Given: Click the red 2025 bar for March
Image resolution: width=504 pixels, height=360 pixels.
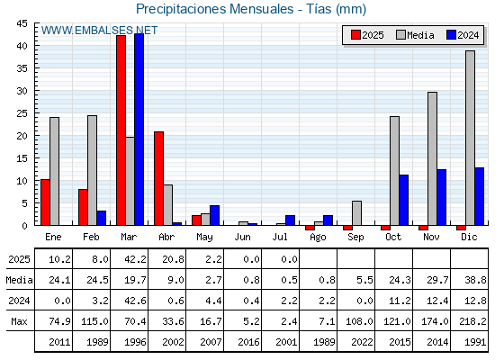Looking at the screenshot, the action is (x=121, y=130).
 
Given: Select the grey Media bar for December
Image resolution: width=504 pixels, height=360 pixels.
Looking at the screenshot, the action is (x=470, y=138).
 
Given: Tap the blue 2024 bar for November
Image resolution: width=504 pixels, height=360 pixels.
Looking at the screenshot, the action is (x=442, y=197).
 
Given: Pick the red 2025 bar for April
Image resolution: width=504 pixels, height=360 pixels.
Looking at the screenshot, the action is (x=158, y=178).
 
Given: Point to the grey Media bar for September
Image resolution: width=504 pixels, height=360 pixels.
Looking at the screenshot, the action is (x=356, y=213).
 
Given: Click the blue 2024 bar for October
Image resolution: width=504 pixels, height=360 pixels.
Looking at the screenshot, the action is (x=404, y=200).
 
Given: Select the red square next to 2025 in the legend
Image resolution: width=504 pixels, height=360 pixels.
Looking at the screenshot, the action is (x=355, y=35).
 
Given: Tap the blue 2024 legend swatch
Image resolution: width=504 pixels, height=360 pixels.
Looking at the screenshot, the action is (x=451, y=35).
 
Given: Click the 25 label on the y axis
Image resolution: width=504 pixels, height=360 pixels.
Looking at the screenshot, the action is (x=22, y=113).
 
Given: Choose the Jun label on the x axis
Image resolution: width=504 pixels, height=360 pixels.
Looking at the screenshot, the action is (x=242, y=237).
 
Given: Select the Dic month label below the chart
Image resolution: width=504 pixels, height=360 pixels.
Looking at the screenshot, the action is (x=469, y=237).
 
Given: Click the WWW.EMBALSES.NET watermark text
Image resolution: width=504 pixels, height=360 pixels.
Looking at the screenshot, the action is (x=99, y=31).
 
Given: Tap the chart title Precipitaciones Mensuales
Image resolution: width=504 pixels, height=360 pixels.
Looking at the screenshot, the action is (x=215, y=9).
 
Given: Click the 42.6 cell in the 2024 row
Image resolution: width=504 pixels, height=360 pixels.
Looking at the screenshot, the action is (x=135, y=301).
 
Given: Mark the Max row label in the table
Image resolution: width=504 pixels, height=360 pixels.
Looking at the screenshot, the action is (x=19, y=321).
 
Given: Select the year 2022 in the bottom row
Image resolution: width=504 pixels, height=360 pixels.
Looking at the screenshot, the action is (x=362, y=342).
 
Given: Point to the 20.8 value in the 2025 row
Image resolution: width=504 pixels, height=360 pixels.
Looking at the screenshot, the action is (x=173, y=259).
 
